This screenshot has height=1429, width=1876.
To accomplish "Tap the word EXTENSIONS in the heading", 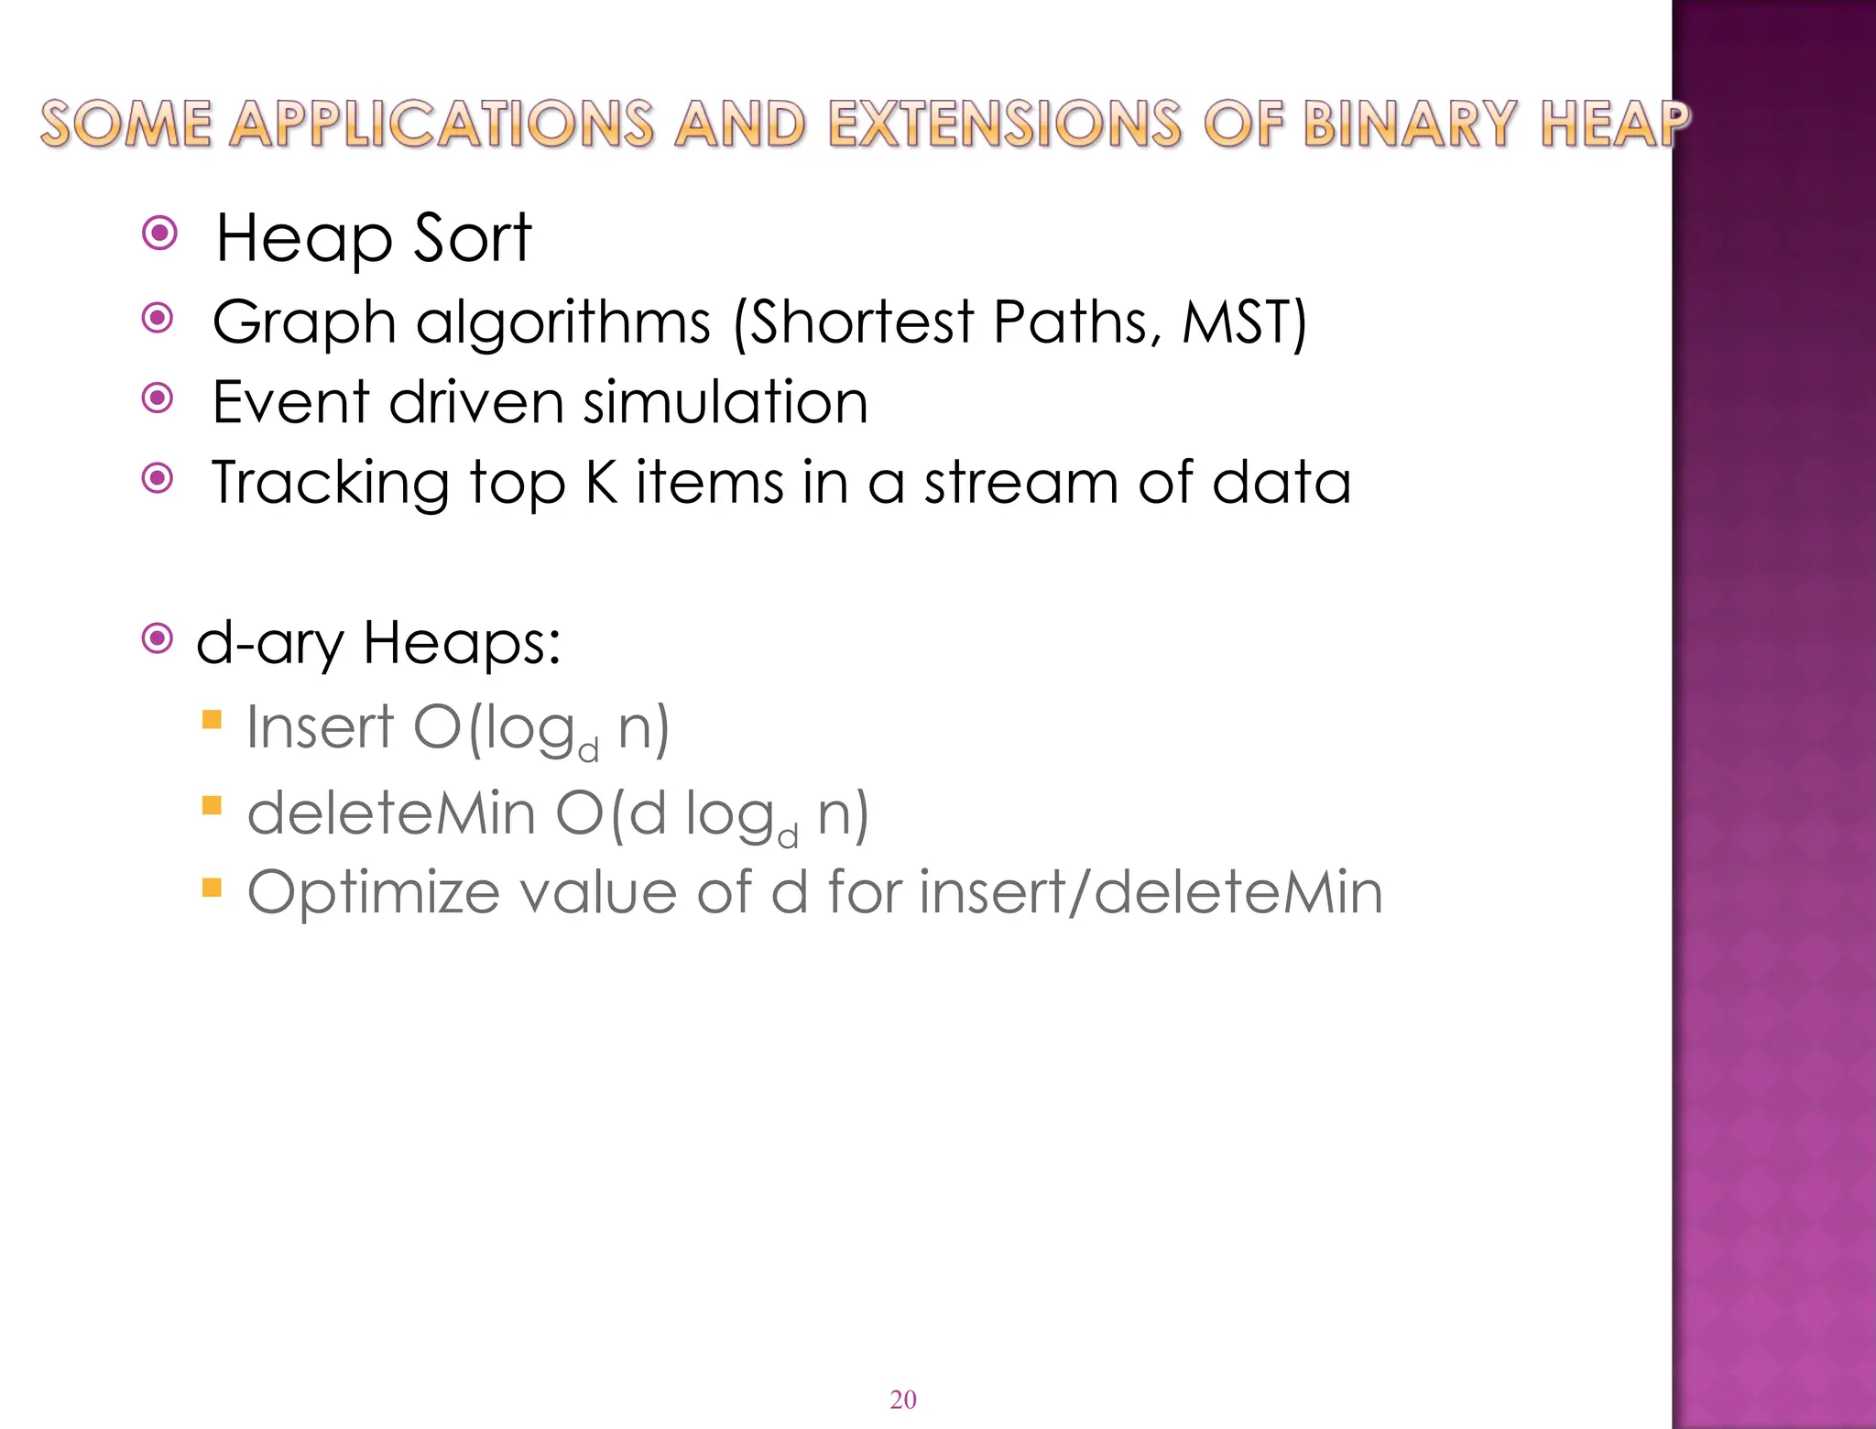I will pyautogui.click(x=1004, y=124).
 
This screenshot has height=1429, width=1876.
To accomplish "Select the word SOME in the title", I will pyautogui.click(x=126, y=124).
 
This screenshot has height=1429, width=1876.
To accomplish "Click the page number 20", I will pyautogui.click(x=902, y=1400).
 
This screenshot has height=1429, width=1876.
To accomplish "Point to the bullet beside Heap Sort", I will pyautogui.click(x=160, y=234).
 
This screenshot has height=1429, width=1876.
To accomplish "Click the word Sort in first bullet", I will pyautogui.click(x=472, y=238).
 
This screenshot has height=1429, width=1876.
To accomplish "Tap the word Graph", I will pyautogui.click(x=303, y=323).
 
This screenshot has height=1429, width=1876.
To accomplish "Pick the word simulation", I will pyautogui.click(x=725, y=402).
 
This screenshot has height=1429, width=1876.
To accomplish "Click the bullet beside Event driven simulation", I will pyautogui.click(x=158, y=398).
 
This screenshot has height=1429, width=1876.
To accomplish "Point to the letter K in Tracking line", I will pyautogui.click(x=602, y=483).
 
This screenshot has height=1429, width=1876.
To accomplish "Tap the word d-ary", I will pyautogui.click(x=269, y=643).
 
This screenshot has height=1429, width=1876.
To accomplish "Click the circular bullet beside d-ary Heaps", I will pyautogui.click(x=158, y=638).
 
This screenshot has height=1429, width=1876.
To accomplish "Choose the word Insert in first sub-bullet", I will pyautogui.click(x=320, y=727).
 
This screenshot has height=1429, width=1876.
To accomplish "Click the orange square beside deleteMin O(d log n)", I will pyautogui.click(x=212, y=805).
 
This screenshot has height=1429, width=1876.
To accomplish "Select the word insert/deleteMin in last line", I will pyautogui.click(x=1151, y=892).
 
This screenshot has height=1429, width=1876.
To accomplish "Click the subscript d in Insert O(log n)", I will pyautogui.click(x=589, y=752).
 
